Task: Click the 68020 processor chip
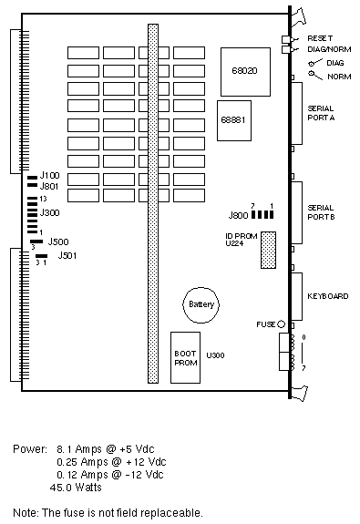[x=245, y=72]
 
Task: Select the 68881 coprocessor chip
[x=234, y=120]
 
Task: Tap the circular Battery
[x=201, y=304]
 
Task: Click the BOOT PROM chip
[x=186, y=357]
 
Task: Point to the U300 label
[x=215, y=355]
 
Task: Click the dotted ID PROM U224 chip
[x=269, y=250]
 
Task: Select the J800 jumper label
[x=238, y=215]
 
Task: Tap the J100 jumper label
[x=49, y=176]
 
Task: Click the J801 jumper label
[x=49, y=186]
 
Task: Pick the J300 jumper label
[x=49, y=212]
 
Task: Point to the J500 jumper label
[x=58, y=241]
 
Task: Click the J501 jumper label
[x=67, y=256]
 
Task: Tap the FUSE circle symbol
[x=281, y=324]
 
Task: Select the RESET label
[x=320, y=38]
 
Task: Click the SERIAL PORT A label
[x=321, y=113]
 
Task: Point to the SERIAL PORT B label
[x=321, y=212]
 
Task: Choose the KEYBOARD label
[x=328, y=296]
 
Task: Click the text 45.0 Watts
[x=76, y=488]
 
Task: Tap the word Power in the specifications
[x=30, y=448]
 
